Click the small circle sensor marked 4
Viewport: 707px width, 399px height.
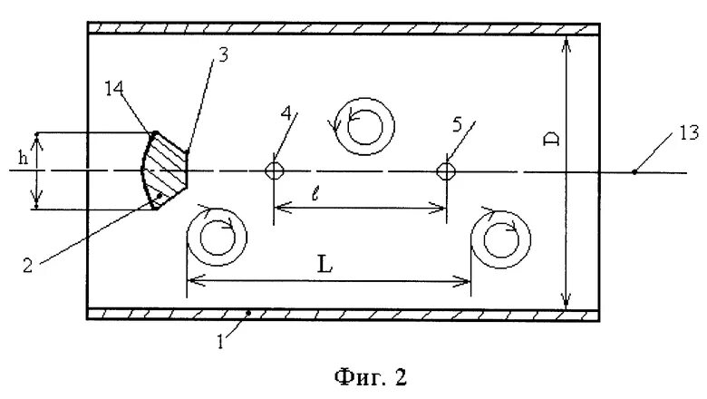(x=273, y=171)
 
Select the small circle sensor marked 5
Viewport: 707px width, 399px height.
(x=445, y=171)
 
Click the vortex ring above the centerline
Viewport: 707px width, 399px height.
(x=363, y=123)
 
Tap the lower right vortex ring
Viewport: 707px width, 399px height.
(x=499, y=239)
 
